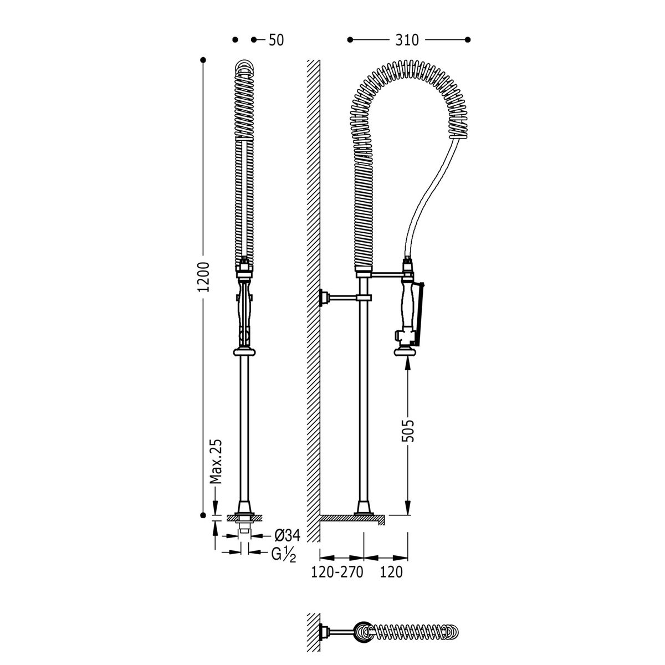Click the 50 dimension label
coord(276,40)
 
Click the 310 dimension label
coord(407,40)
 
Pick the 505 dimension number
coord(408,431)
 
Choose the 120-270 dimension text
coord(337,572)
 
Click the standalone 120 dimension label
coord(392,572)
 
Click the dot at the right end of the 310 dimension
coord(468,40)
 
